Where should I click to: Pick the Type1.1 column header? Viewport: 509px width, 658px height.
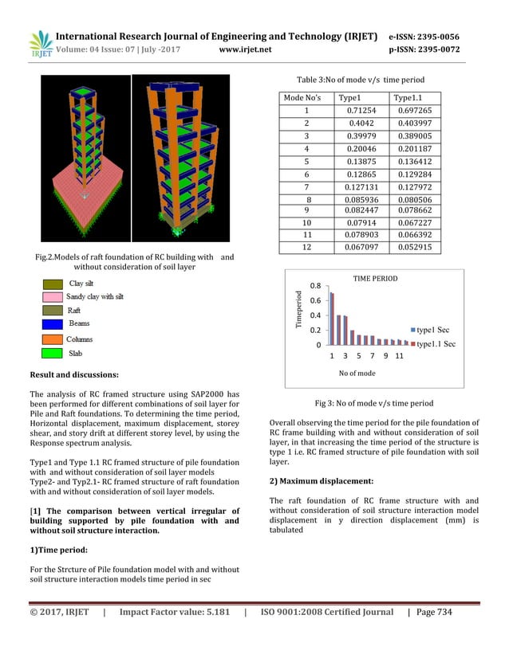tap(409, 97)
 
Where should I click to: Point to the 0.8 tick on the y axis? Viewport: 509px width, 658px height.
tap(315, 286)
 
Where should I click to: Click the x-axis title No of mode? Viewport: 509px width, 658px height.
tap(357, 373)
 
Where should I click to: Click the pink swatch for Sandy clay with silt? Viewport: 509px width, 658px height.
tap(52, 296)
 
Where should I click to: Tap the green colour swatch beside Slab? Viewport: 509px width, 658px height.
tap(52, 352)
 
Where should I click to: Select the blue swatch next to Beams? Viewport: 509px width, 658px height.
tap(52, 324)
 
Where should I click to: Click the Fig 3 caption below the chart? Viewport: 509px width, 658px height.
tap(373, 403)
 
